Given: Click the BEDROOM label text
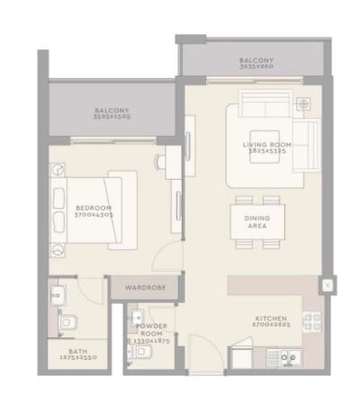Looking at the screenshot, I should coord(94,207).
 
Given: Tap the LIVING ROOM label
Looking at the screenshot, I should coord(268,145).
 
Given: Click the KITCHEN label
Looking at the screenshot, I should coord(270,318).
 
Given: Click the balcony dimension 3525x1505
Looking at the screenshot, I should coord(112,117).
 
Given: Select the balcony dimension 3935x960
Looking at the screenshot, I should coord(256,67).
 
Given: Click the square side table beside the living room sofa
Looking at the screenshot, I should coord(304,104).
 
